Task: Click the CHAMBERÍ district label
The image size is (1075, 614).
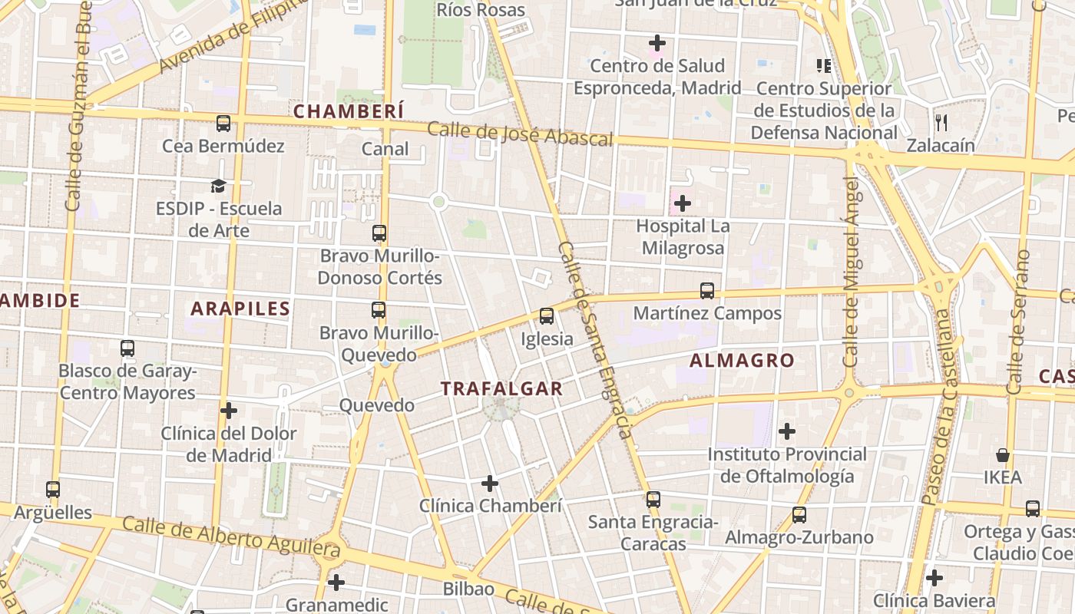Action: tap(349, 111)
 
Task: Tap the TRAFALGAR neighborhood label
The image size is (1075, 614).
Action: tap(502, 389)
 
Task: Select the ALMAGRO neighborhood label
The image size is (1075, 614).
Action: tap(742, 360)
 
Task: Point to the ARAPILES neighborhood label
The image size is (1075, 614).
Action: tap(240, 309)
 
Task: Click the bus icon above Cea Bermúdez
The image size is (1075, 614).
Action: tap(223, 124)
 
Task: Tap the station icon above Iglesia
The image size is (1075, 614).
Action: tap(547, 316)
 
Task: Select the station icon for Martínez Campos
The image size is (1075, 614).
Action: tap(707, 292)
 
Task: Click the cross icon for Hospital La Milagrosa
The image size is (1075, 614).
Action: tap(682, 204)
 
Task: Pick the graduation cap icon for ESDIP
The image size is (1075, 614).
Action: tap(219, 187)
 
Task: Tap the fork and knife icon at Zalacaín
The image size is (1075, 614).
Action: tap(941, 122)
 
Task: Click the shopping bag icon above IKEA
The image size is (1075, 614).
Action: tap(1003, 455)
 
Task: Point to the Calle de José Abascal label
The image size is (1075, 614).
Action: tap(520, 134)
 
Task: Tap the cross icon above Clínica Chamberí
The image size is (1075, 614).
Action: tap(490, 484)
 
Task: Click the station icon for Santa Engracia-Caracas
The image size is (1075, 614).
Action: tap(653, 500)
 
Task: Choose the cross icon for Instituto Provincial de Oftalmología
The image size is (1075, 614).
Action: tap(787, 431)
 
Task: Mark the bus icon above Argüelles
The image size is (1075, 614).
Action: tap(53, 490)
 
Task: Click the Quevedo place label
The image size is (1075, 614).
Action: tap(377, 405)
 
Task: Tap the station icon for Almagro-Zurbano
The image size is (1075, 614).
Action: tap(799, 515)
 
